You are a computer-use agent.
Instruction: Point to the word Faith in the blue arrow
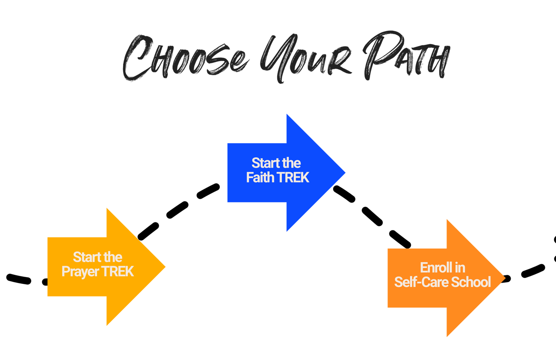[260, 177]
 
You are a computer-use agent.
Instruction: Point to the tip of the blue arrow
[344, 173]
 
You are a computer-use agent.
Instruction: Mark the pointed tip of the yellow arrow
[164, 267]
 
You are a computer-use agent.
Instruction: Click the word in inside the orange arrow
[460, 268]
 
